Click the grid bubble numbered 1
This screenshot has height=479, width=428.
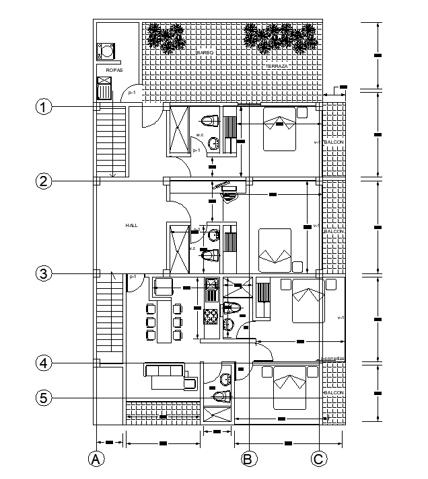point(44,107)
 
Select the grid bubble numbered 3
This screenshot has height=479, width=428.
point(44,273)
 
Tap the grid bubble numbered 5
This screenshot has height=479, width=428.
point(44,398)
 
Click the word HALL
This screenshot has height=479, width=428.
point(131,226)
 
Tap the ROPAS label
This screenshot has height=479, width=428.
point(114,69)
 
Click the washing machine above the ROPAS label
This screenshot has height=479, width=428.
point(106,51)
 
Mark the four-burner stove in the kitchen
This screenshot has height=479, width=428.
point(211,313)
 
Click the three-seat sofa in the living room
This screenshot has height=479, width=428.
point(164,370)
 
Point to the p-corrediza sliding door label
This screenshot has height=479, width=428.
point(332,359)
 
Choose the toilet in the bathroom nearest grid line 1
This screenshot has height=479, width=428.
point(210,121)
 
